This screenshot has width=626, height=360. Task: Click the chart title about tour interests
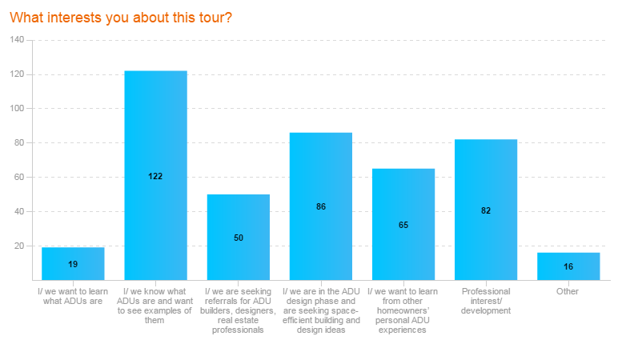pos(121,17)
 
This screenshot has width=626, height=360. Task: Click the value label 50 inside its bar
pos(239,238)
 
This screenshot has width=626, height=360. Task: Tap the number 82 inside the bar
pos(486,211)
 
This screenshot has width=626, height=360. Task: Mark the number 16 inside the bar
pos(568,266)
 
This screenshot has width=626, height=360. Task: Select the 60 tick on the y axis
pos(20,178)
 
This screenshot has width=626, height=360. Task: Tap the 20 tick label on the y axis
pos(20,246)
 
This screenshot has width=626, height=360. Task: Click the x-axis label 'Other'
pos(568,292)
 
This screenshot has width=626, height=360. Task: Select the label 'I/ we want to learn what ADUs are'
pos(73,297)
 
